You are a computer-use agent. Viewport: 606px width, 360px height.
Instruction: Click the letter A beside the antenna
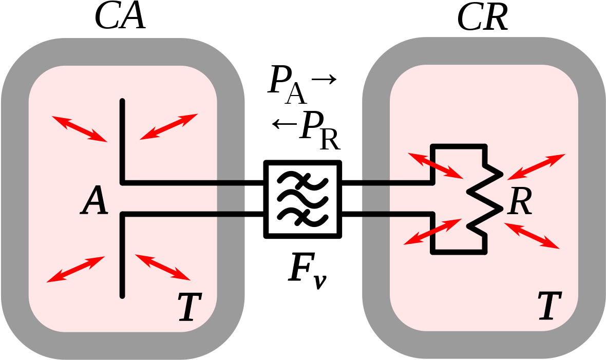pos(95,201)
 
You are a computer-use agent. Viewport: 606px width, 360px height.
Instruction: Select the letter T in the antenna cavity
pos(190,307)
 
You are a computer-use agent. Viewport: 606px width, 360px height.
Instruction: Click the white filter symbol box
pos(302,199)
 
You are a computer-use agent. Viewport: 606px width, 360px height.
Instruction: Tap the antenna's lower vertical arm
pos(122,254)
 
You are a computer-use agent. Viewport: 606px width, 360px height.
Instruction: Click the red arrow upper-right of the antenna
pos(169,126)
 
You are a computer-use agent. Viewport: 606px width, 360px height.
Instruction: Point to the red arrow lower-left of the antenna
pos(76,269)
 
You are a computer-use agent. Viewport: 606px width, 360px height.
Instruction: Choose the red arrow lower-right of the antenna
pos(163,267)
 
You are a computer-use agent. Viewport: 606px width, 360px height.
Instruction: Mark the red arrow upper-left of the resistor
pos(435,165)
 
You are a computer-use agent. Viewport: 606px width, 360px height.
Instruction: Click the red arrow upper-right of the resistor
pos(536,166)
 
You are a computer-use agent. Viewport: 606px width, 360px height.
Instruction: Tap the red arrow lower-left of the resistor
pos(432,232)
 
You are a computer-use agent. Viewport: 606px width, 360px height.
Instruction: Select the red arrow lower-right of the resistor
pos(532,236)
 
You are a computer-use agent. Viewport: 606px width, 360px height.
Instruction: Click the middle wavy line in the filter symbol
pos(302,199)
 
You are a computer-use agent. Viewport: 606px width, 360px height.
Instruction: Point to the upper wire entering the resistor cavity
pos(395,182)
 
